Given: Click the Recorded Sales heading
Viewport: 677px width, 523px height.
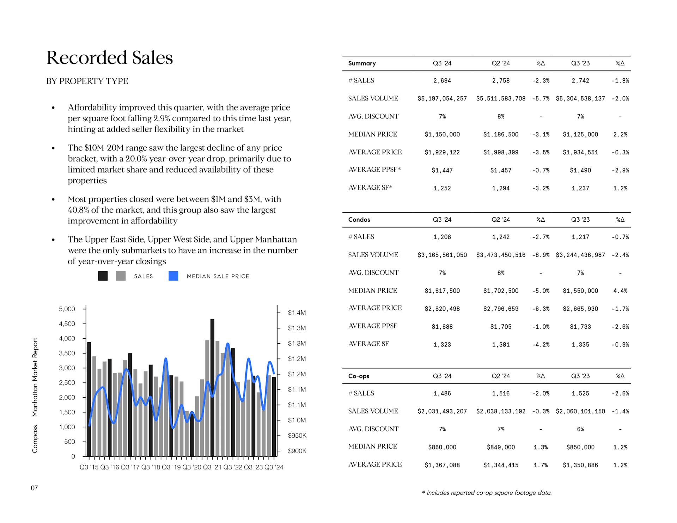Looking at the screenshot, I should click(x=109, y=57).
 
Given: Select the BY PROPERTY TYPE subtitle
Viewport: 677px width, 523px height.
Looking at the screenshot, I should click(x=87, y=81).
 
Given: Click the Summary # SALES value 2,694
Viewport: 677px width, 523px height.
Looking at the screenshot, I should click(x=442, y=81).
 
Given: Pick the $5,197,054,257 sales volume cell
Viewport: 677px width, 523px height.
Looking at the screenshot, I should click(x=442, y=99).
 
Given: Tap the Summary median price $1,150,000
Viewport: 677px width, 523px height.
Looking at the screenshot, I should click(x=442, y=135).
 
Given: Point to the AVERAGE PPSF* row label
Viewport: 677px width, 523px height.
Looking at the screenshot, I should click(x=374, y=170).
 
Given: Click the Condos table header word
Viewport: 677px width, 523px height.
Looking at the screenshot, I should click(x=359, y=220).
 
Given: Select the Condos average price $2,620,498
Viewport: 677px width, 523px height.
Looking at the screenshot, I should click(x=442, y=309).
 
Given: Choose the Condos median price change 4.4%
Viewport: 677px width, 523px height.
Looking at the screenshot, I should click(x=620, y=291).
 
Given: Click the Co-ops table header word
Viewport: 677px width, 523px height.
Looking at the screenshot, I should click(x=359, y=376).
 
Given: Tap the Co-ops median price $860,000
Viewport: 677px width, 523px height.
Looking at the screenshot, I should click(x=442, y=447).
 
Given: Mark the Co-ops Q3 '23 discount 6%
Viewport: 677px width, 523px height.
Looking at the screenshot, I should click(x=580, y=429).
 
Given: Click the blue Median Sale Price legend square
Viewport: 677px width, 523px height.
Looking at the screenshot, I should click(x=173, y=276).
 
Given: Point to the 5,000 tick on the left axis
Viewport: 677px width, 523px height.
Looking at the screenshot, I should click(x=67, y=309).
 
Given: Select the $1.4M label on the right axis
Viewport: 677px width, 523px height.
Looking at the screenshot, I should click(x=297, y=313).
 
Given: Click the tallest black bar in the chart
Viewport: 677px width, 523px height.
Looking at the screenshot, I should click(x=212, y=388).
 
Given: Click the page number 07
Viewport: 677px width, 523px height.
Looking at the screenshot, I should click(x=34, y=488).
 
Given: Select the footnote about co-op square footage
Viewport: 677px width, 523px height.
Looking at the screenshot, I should click(x=487, y=493).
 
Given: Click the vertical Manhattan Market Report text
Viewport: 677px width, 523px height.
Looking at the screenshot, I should click(x=35, y=377).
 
